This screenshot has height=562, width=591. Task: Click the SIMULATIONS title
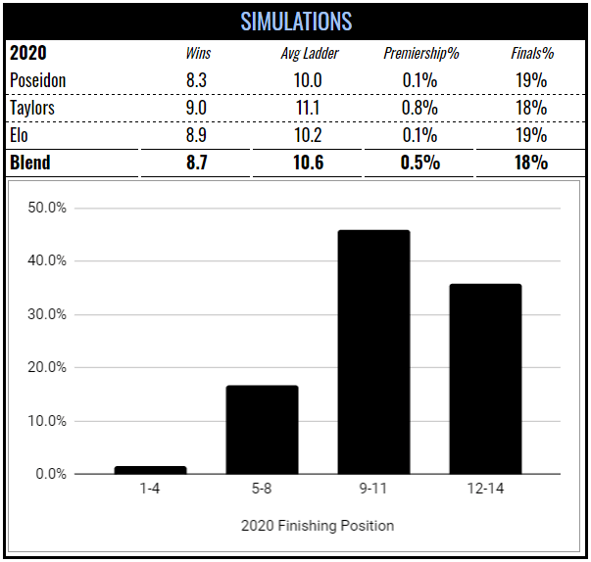tap(295, 21)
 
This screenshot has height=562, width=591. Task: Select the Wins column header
tap(196, 54)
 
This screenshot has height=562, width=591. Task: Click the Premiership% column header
tap(419, 54)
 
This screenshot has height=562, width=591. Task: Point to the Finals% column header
tap(530, 54)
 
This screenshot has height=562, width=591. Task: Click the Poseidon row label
tap(38, 80)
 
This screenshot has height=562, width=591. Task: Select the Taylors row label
tap(33, 108)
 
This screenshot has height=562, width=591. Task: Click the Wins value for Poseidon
tap(196, 80)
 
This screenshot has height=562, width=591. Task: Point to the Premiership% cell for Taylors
tap(419, 108)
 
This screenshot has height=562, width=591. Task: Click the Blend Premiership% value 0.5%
tap(419, 163)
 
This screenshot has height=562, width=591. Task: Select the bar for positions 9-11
tap(373, 352)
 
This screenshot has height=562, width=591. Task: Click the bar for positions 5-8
tap(262, 430)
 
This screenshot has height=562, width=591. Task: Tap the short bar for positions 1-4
tap(150, 470)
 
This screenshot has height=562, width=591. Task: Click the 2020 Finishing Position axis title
tap(318, 526)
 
